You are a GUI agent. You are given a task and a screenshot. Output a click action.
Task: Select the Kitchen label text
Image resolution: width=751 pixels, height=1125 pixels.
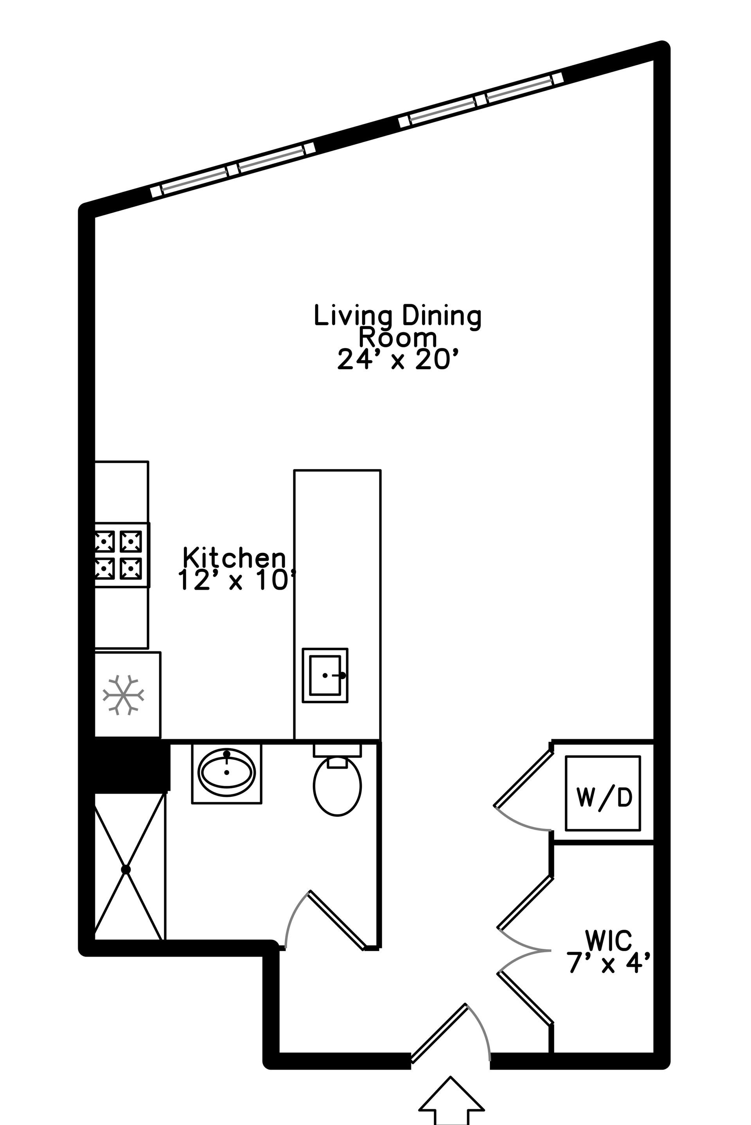234,558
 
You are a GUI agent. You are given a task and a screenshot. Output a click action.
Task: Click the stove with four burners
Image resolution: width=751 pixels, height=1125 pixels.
122,555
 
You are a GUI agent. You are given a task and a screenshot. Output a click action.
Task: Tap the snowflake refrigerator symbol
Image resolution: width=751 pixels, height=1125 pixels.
123,695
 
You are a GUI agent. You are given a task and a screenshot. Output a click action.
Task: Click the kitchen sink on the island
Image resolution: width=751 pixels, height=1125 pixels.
325,675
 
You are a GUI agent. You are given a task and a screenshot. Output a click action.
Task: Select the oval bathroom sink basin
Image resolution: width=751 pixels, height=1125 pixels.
226,773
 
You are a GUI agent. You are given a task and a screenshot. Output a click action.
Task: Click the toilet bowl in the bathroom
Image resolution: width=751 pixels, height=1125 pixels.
337,785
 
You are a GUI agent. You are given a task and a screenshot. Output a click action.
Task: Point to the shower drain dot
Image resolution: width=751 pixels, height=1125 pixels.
126,869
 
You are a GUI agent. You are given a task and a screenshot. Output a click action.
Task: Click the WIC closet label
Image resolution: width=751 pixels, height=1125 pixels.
608,940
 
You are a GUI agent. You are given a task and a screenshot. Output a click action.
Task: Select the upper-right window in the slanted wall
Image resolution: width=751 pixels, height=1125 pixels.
481,100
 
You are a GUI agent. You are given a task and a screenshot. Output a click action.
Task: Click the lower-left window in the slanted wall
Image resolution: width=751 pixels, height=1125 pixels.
233,170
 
